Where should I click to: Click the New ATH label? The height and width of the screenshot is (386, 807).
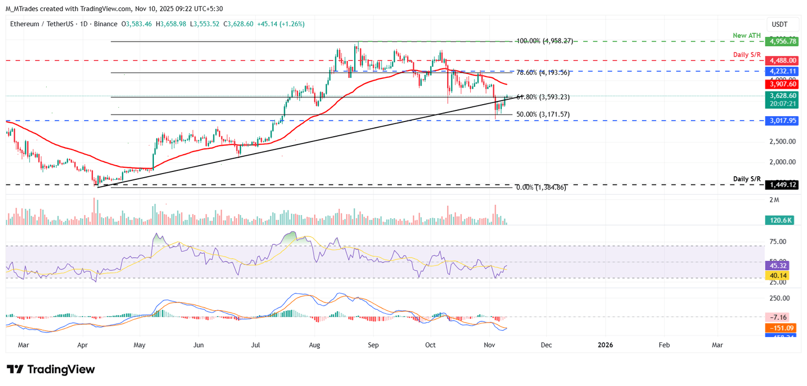[x=747, y=35]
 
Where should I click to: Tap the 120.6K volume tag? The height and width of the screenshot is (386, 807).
[x=780, y=221]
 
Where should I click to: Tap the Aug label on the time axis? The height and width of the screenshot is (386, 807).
[x=314, y=345]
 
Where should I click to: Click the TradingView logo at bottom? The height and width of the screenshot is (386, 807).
[x=51, y=369]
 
